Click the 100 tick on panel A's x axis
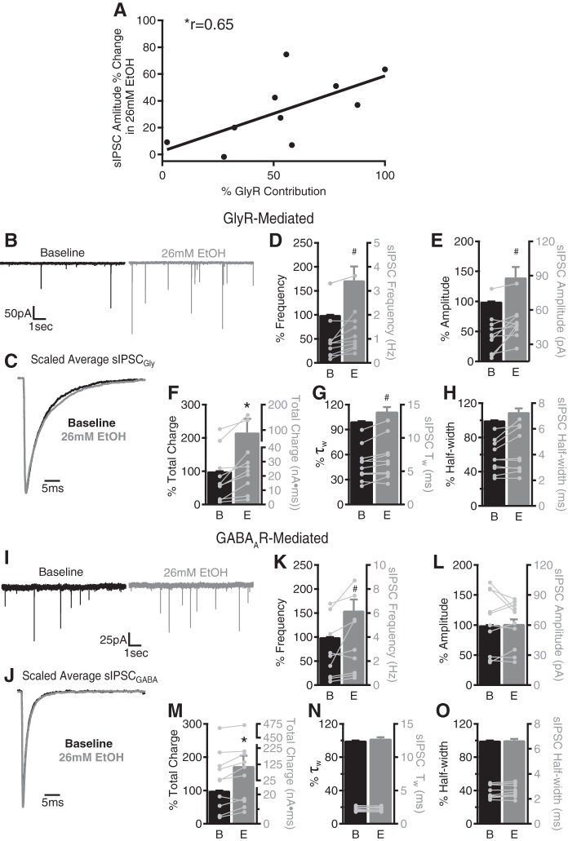click(384, 175)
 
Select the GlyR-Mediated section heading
click(284, 219)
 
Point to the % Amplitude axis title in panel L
click(412, 604)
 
